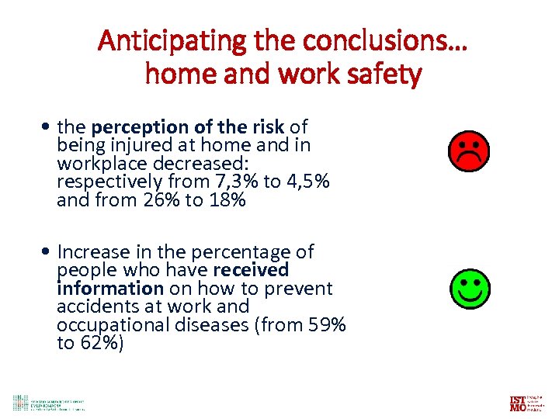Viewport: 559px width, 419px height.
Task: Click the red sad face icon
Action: tap(468, 151)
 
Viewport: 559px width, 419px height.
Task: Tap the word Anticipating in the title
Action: tap(160, 42)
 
